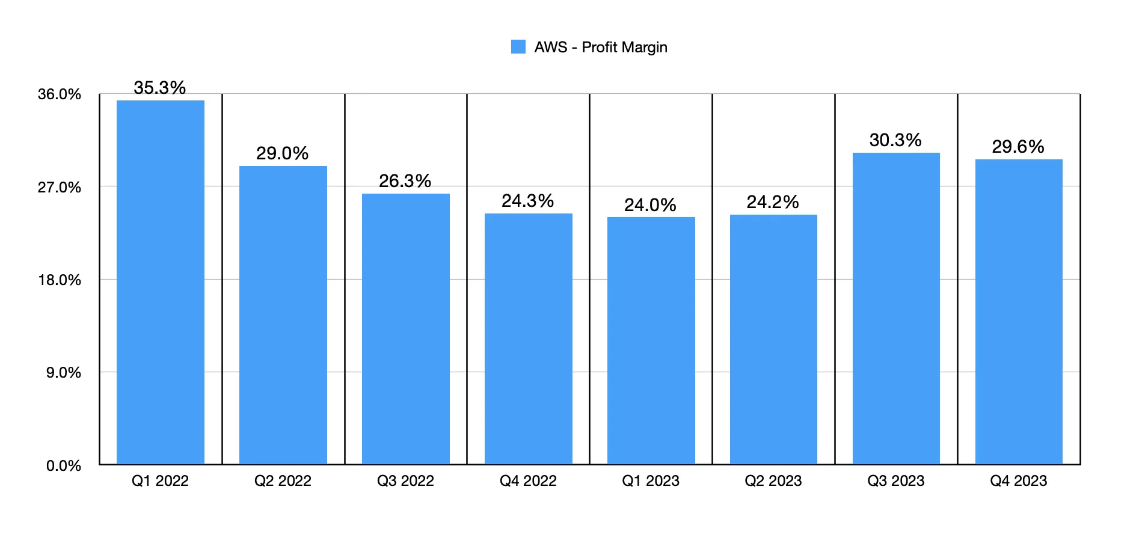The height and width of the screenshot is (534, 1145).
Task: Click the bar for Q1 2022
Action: click(x=161, y=283)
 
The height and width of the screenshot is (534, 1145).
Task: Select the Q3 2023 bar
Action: click(x=896, y=308)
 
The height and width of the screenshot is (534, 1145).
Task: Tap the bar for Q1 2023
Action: click(x=651, y=340)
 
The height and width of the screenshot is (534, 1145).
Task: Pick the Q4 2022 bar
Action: click(x=529, y=339)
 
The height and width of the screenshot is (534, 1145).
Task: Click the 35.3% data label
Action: click(x=160, y=88)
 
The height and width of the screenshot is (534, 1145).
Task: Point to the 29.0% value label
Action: click(x=283, y=153)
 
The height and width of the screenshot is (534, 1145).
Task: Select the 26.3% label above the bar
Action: click(x=405, y=181)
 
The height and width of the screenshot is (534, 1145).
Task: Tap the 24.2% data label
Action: click(x=773, y=202)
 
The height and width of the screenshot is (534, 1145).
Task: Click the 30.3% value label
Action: click(x=895, y=140)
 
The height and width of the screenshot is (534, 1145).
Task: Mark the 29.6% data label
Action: click(x=1018, y=147)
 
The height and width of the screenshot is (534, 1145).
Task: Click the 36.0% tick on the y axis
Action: click(x=60, y=94)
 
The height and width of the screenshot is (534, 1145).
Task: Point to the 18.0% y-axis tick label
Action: click(x=60, y=280)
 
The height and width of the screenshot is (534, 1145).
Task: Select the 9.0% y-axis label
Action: click(x=64, y=373)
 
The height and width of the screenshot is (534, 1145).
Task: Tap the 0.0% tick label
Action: click(x=64, y=466)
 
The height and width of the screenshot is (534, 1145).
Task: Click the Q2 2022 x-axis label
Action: click(x=283, y=481)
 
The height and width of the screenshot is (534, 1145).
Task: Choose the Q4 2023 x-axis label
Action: click(x=1019, y=481)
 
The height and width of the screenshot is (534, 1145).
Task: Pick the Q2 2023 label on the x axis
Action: click(x=773, y=481)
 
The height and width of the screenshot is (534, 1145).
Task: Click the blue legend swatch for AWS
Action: click(x=518, y=47)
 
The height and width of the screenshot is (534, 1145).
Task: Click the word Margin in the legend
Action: click(x=645, y=48)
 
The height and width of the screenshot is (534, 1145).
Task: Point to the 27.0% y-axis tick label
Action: click(x=60, y=188)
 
